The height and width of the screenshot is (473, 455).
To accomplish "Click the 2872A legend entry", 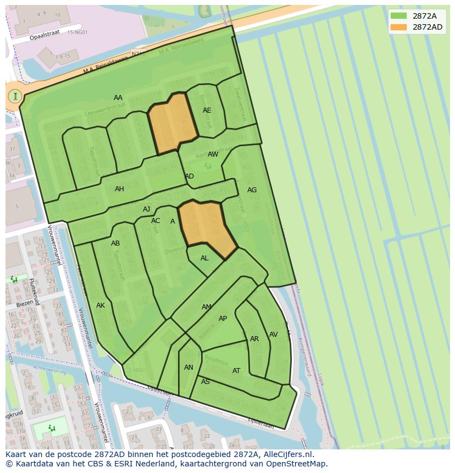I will point(417,16).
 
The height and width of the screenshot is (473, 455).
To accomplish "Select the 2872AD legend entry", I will point(417,27).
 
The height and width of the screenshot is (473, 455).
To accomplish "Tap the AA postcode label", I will point(118,98).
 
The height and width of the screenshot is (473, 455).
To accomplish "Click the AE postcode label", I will point(207,110).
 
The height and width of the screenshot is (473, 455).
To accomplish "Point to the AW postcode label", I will point(213,154).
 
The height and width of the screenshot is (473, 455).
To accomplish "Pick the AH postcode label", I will point(119,189).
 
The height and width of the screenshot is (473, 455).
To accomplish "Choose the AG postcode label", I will point(252,190).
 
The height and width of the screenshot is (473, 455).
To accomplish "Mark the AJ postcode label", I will point(147,209).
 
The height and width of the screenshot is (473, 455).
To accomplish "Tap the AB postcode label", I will point(115,243).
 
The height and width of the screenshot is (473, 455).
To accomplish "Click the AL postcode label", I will point(204,258).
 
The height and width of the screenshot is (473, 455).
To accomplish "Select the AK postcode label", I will point(101,305).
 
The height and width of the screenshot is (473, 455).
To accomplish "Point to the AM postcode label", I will point(207,307).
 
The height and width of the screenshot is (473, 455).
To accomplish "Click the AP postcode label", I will point(223,319).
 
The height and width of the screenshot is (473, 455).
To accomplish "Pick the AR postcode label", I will point(254,339).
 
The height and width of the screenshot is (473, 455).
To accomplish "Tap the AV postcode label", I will point(273,335).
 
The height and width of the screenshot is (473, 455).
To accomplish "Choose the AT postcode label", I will point(236,371).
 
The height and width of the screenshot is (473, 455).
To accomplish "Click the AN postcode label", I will point(188,368).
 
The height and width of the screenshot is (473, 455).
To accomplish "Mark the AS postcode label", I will point(206,382).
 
